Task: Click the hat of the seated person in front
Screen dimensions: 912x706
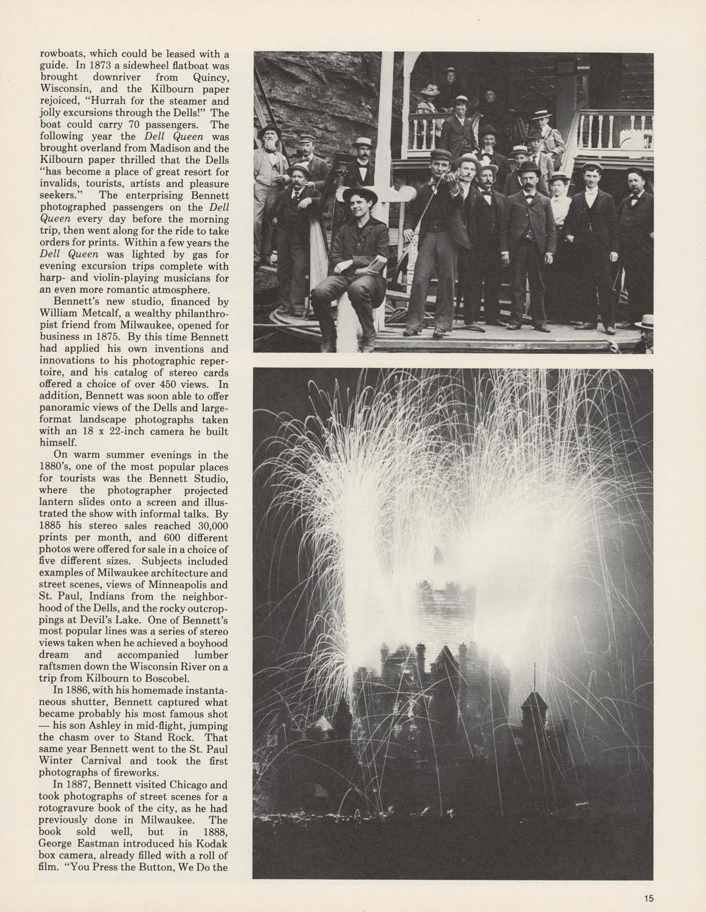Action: click(x=359, y=194)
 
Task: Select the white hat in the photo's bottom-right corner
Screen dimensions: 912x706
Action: click(x=645, y=322)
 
